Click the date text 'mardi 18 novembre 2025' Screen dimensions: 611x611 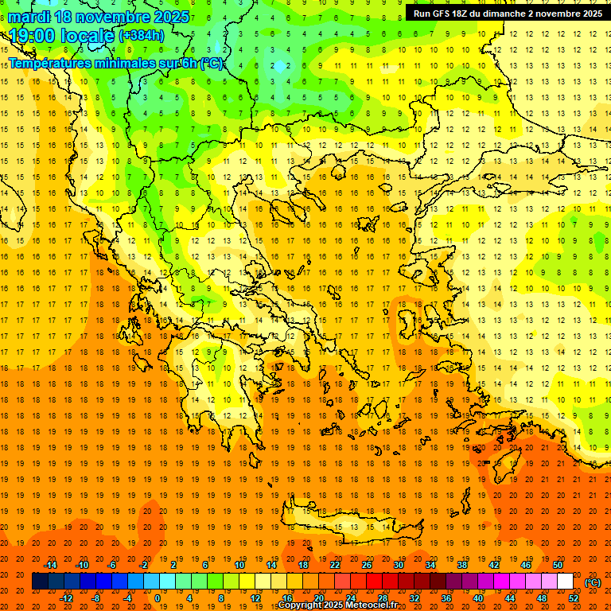click(x=99, y=17)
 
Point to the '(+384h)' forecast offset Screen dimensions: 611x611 click(x=141, y=36)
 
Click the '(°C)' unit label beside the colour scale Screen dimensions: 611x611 click(x=592, y=582)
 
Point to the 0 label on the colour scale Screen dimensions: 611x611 click(x=157, y=598)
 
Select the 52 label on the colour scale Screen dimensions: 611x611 click(x=574, y=598)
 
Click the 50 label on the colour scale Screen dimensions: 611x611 click(x=558, y=565)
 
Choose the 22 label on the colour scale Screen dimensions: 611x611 click(x=335, y=565)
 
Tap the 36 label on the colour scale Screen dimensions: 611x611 click(x=446, y=598)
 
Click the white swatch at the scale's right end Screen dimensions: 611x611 click(x=565, y=582)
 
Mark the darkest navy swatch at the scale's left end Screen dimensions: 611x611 click(x=39, y=582)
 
